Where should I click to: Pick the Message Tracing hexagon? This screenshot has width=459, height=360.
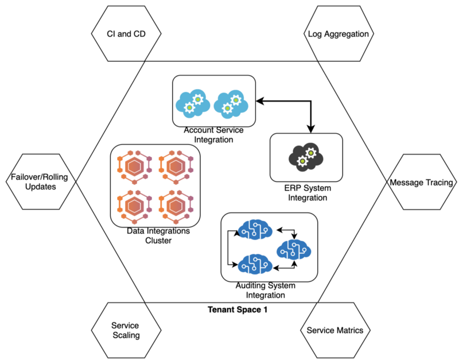coord(422,183)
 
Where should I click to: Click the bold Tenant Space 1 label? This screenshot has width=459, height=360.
coord(238,309)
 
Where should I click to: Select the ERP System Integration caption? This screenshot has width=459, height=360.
coord(306,193)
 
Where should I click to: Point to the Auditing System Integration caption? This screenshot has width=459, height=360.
coord(269,291)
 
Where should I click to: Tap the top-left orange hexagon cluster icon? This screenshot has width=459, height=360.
coord(133,166)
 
